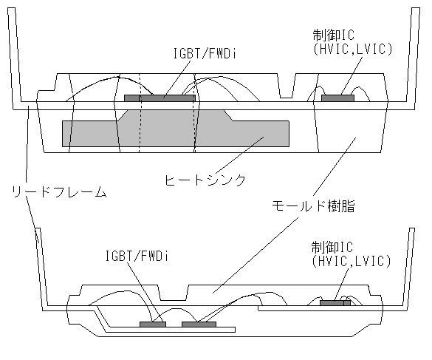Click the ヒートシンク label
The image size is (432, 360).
(x=205, y=180)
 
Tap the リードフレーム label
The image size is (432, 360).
(x=59, y=192)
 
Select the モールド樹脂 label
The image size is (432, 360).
(x=313, y=206)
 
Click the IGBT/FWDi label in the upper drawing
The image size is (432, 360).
(x=205, y=53)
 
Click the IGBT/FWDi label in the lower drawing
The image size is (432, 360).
(x=137, y=256)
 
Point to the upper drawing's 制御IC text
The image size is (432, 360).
(x=334, y=35)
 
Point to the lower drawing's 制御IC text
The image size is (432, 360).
(x=332, y=247)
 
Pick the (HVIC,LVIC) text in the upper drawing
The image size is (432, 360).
(x=352, y=49)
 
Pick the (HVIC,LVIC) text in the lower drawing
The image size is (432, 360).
(x=352, y=261)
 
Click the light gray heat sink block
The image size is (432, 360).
(x=176, y=134)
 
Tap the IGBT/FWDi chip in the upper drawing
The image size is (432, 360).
(x=160, y=98)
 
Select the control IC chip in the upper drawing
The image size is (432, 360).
(x=337, y=98)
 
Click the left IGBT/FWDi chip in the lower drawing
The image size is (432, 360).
(x=153, y=325)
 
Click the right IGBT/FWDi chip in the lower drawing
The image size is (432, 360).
(x=199, y=325)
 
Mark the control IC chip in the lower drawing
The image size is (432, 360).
(x=335, y=303)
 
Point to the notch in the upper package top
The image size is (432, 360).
(x=287, y=86)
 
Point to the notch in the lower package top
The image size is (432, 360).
(x=174, y=293)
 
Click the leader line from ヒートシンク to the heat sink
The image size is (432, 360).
(x=239, y=155)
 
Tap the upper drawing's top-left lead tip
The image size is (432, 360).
(x=11, y=8)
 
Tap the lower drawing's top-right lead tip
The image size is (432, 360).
(x=412, y=228)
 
